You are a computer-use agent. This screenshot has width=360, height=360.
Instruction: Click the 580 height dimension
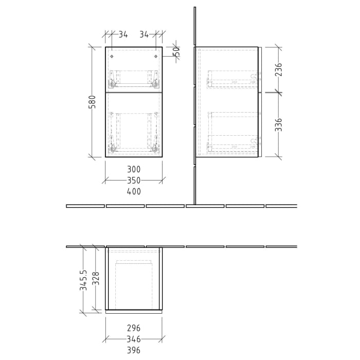93,101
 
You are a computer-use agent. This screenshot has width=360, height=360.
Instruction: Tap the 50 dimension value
176,52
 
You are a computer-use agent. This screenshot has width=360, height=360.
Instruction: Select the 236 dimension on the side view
278,70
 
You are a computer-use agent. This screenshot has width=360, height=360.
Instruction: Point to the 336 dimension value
278,125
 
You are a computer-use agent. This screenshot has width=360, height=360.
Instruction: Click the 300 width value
134,169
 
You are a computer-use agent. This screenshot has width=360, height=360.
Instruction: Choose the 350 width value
134,181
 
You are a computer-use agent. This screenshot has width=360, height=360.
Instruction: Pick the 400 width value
134,191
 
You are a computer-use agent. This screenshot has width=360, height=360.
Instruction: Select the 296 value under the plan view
134,328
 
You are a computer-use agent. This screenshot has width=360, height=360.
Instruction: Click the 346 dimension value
134,339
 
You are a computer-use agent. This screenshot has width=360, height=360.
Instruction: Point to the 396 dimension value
134,350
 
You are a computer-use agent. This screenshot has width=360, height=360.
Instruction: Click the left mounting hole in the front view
112,56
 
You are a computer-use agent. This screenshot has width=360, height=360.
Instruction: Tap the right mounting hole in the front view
156,56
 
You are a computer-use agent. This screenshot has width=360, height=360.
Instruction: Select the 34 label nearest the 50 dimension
145,35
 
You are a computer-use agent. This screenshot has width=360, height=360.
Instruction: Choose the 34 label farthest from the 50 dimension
123,35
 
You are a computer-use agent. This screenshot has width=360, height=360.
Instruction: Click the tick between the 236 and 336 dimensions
278,92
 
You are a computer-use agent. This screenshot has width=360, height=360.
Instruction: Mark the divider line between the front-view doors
134,93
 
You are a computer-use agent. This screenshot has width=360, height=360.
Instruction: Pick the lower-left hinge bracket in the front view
112,148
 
